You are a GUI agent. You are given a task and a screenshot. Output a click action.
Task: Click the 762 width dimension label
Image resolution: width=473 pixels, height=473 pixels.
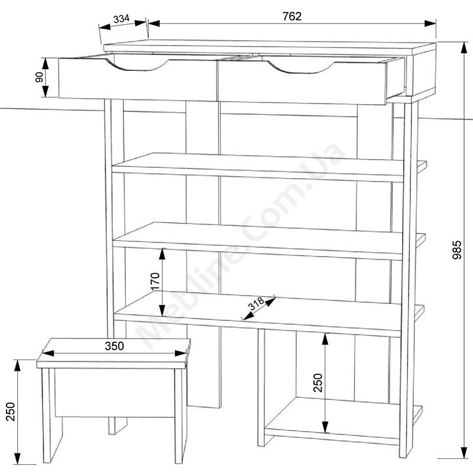pos(291,17)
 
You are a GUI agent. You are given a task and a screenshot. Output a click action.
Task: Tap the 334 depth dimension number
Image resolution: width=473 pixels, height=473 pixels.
pos(121,19)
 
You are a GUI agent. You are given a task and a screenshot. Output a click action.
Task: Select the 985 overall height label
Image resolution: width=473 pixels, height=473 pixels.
pos(457,250)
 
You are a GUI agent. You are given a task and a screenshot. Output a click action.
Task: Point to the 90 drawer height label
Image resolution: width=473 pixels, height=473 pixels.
pos(39,77)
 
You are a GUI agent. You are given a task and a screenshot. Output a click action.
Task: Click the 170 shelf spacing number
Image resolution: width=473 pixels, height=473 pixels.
pos(155,281)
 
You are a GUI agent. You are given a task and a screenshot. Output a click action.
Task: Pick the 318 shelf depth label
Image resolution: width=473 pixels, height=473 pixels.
pos(257,303)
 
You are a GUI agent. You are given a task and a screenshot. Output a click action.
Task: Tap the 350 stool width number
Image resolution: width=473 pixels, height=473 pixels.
pos(114,346)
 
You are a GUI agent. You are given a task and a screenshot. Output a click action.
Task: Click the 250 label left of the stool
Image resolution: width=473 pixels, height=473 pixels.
pos(10,412)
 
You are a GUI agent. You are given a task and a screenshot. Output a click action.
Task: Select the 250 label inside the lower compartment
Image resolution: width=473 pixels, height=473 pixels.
pos(318,383)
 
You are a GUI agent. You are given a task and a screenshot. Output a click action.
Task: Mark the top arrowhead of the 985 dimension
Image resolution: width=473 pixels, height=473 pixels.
pos(464,48)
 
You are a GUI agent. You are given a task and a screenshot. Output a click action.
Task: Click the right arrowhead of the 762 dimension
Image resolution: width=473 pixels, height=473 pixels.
pos(430,24)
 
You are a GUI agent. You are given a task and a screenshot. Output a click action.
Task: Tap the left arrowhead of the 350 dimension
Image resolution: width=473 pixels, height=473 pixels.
pos(48,353)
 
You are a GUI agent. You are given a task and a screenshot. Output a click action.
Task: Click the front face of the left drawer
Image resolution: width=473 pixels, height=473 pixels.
pos(138,79)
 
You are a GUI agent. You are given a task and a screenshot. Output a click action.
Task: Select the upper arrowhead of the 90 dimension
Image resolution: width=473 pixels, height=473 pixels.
pos(46,64)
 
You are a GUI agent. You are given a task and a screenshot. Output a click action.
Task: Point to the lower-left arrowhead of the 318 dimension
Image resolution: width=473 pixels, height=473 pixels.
pos(247,316)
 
